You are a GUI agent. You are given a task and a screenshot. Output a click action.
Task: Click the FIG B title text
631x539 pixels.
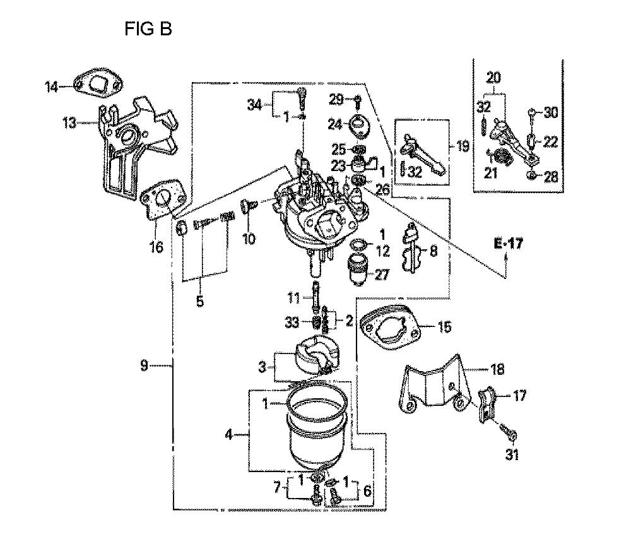[148, 29]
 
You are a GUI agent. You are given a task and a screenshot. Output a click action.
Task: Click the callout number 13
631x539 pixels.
[70, 122]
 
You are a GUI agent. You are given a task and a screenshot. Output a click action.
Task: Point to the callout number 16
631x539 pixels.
[156, 247]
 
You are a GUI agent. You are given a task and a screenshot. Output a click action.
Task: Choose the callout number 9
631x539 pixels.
[144, 365]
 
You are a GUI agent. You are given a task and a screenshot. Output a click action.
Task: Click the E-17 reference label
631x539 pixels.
[509, 244]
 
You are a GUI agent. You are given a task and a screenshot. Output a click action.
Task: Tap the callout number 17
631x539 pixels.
[519, 396]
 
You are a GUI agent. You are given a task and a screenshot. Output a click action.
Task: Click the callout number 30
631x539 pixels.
[551, 113]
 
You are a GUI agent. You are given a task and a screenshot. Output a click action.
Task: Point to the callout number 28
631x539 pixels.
[551, 177]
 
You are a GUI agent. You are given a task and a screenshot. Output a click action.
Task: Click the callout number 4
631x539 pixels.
[230, 434]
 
